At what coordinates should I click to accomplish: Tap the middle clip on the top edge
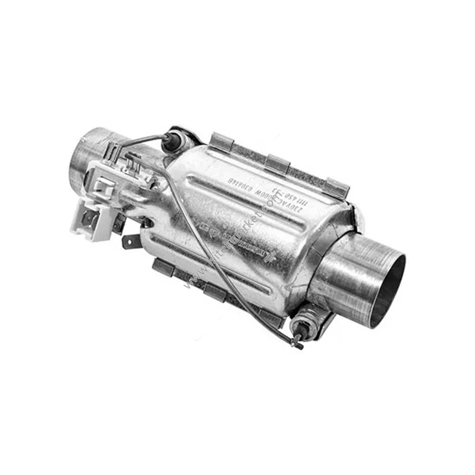pos(278,163)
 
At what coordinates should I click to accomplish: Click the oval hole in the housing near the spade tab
pos(148,222)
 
